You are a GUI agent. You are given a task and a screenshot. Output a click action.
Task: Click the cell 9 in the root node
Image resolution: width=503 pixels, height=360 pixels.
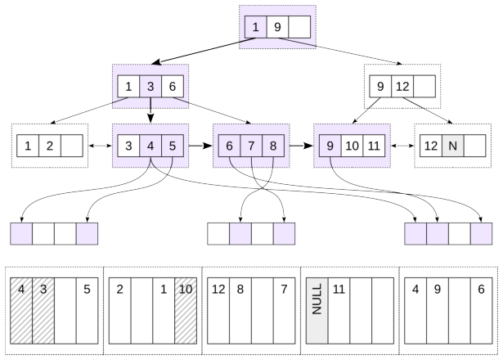277,27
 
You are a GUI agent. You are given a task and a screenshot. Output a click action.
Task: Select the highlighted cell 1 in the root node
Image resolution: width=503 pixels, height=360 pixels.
256,27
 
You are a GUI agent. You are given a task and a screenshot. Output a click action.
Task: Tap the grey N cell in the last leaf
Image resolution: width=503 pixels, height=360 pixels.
452,146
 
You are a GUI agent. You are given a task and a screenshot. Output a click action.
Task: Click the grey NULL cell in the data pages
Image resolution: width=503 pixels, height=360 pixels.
317,311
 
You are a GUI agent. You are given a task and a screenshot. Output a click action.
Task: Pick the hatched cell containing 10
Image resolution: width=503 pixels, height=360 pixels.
186,311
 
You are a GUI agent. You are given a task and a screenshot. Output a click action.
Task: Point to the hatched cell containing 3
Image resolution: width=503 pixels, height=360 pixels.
43,311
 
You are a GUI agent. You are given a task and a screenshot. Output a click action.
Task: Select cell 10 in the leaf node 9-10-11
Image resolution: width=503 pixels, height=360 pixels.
352,146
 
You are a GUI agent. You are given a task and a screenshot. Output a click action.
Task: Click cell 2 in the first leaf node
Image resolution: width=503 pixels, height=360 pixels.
50,146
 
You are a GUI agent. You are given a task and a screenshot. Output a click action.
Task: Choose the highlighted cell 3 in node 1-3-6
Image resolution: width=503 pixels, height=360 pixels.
150,86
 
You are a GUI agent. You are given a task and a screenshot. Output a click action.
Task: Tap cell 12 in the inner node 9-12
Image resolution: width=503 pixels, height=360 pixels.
402,86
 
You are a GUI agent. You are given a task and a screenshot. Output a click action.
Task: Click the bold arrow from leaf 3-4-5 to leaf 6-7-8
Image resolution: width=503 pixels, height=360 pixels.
200,146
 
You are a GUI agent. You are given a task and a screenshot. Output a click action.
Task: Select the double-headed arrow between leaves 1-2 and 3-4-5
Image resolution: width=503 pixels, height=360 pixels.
100,146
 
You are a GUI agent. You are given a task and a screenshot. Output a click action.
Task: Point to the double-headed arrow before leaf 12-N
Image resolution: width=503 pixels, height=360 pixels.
402,146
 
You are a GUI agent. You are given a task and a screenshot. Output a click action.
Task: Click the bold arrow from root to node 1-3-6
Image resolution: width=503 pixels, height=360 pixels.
204,51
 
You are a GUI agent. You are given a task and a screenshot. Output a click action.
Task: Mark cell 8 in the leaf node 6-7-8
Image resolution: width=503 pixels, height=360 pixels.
273,146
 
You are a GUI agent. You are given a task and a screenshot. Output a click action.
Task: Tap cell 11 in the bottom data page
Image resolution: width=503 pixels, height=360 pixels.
339,311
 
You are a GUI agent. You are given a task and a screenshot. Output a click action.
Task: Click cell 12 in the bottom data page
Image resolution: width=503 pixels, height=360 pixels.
218,311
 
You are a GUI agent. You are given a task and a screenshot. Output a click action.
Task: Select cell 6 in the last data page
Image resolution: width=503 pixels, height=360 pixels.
481,311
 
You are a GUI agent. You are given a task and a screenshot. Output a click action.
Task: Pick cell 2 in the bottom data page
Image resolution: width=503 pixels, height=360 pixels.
120,311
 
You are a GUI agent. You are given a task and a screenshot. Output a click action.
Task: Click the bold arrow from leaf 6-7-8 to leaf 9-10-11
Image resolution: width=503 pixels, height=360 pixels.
302,146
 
